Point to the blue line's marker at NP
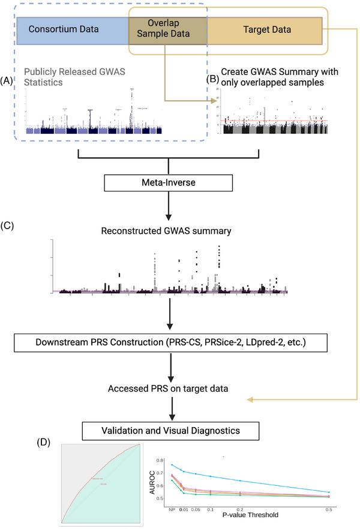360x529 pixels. click(x=173, y=465)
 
